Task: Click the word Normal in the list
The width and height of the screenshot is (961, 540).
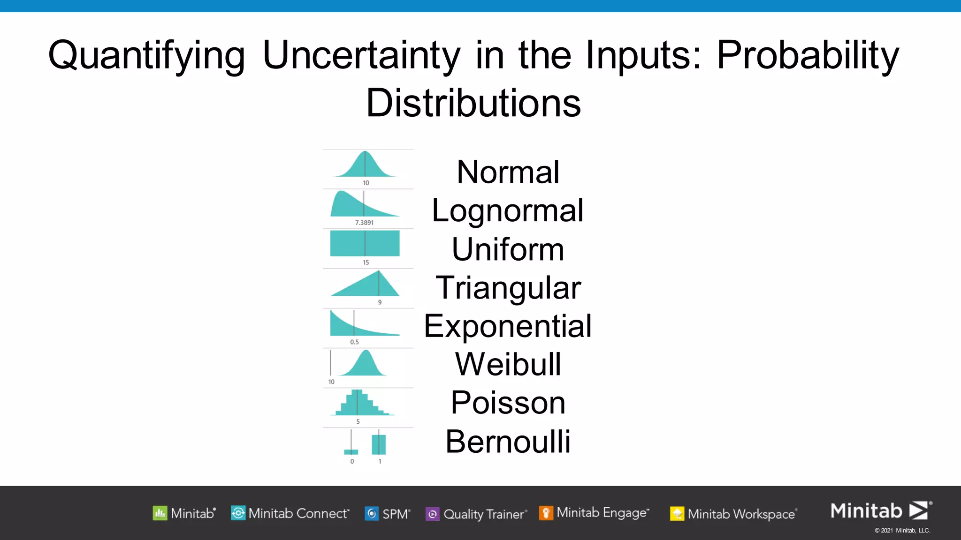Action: pos(508,172)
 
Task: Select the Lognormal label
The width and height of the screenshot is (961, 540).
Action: pos(508,210)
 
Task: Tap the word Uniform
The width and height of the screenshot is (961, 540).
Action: pos(508,249)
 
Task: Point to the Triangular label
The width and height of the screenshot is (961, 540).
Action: pos(508,287)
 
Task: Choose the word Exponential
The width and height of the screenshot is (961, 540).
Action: pos(508,326)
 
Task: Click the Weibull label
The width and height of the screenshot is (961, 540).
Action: pos(508,364)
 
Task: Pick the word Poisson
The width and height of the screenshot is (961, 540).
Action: pos(508,403)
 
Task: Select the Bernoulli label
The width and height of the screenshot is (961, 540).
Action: pos(508,441)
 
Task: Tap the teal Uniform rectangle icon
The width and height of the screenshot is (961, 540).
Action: pos(365,243)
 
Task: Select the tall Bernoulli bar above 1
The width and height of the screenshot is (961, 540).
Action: pos(379,444)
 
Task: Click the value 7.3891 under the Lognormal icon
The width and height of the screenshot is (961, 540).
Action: pos(364,223)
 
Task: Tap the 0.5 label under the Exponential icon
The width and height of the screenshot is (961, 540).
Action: pos(354,342)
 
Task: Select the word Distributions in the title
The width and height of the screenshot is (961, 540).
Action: pos(473,103)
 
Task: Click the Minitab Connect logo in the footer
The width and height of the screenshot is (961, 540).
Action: pos(290,513)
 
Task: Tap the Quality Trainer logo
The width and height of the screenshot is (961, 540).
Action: pos(476,514)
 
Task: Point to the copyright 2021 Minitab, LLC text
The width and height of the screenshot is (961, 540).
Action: pos(902,531)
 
